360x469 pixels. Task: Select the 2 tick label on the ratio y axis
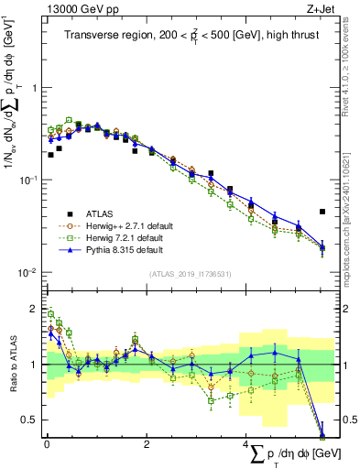pos(34,309)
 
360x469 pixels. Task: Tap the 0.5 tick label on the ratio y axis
pos(30,420)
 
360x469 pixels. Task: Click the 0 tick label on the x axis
pos(46,444)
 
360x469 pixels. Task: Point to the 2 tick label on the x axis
pos(147,444)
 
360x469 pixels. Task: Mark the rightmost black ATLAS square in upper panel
pos(322,212)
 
